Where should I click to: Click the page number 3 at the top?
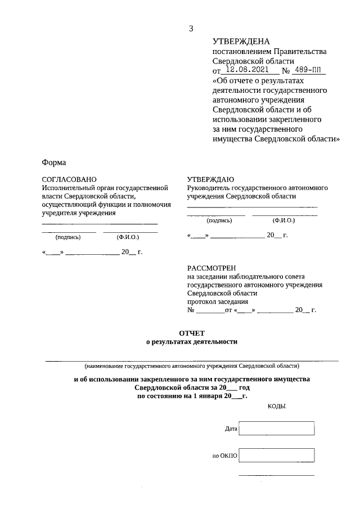pyautogui.click(x=191, y=29)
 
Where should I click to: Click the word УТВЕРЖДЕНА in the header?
pyautogui.click(x=241, y=42)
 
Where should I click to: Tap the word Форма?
pyautogui.click(x=54, y=163)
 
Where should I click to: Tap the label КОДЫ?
pyautogui.click(x=276, y=406)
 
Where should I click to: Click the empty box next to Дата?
pyautogui.click(x=276, y=429)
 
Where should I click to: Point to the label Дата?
pyautogui.click(x=231, y=429)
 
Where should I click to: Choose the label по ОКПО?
pyautogui.click(x=225, y=456)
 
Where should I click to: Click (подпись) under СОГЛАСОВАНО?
pyautogui.click(x=68, y=237)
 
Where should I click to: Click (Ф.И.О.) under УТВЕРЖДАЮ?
pyautogui.click(x=283, y=220)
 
